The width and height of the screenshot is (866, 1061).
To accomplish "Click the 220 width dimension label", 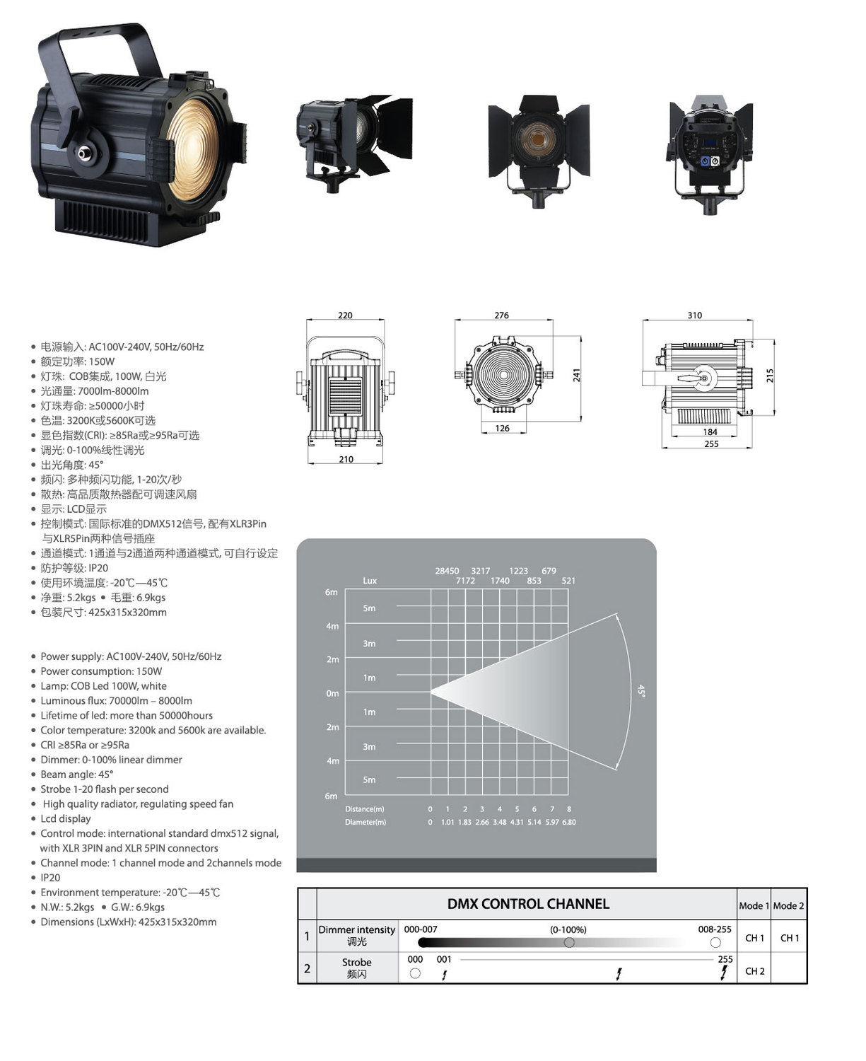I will coord(345,315).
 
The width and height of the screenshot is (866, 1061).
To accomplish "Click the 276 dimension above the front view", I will coord(501,315).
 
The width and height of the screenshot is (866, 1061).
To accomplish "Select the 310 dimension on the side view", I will coord(694,315).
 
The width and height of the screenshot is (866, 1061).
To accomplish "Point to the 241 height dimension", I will coord(576,374).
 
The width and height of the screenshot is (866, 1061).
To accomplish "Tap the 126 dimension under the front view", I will coord(502,428).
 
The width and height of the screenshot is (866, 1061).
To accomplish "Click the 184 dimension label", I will coord(710,432).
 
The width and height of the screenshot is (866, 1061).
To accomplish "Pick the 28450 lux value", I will coord(447,571).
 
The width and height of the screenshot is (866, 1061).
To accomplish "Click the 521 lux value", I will coord(568,581).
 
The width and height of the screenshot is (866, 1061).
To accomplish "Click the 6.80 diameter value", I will coord(568,822).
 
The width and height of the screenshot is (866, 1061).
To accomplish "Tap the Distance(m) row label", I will coord(364,808).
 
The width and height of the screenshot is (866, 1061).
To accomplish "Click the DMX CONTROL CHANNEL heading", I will coord(528,904).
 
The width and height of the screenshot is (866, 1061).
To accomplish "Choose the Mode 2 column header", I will coord(788,905).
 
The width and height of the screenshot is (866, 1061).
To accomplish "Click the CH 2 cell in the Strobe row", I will coord(754,971).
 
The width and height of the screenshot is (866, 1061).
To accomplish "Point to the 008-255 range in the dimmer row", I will coord(715,929).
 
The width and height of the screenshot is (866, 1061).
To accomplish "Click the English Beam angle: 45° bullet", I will coord(76,775).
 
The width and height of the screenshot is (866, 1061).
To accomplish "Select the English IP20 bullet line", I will coord(50,878).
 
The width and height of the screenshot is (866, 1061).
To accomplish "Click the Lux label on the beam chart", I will coord(370,581).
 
